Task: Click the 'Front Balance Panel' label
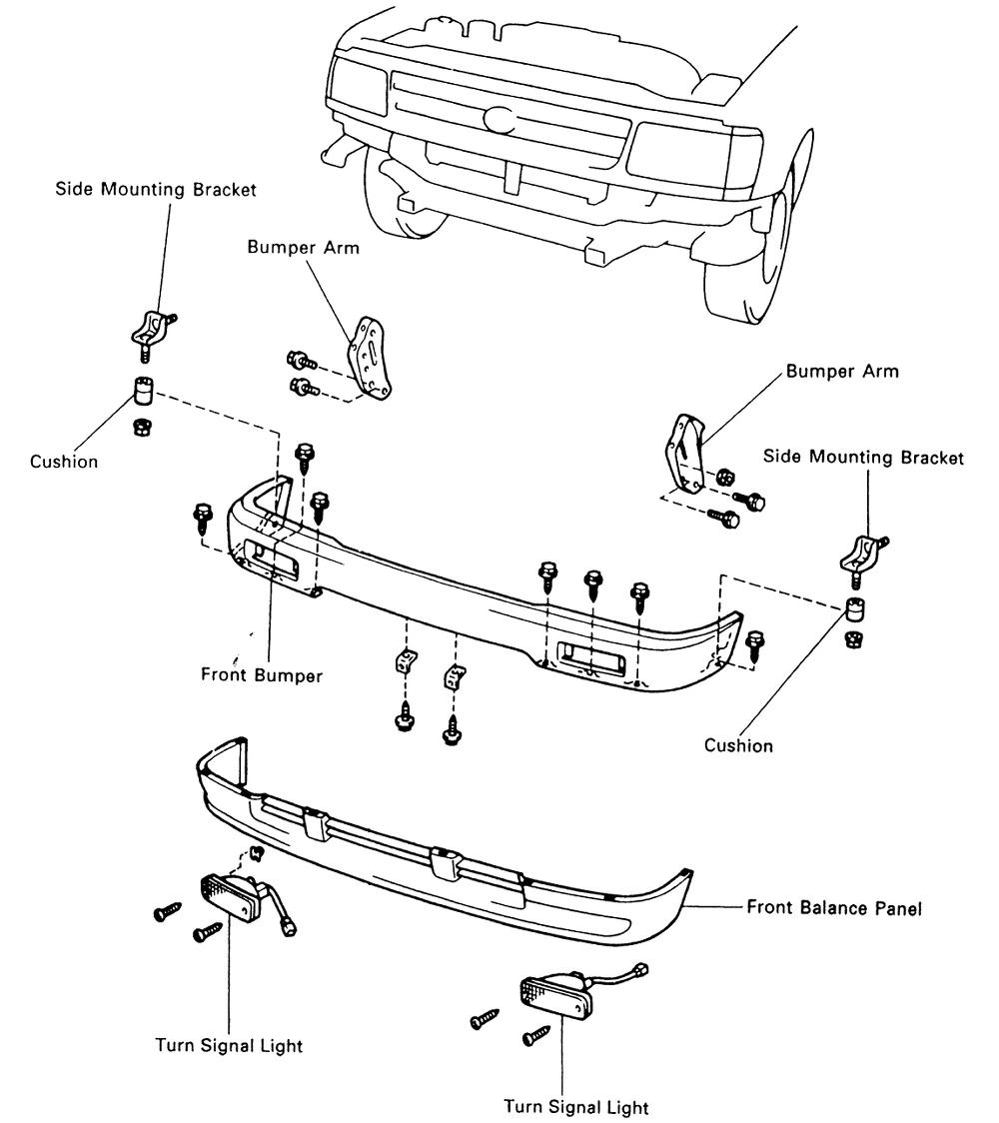tap(834, 909)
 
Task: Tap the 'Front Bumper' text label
tap(262, 675)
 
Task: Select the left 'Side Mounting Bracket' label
tap(155, 189)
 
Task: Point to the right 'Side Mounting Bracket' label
tap(864, 458)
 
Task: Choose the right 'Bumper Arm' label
tap(842, 372)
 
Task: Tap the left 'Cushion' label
tap(64, 462)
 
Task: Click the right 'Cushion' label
tap(738, 745)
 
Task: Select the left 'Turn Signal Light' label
tap(229, 1046)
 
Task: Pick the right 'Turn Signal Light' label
tap(575, 1106)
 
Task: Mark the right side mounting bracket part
tap(861, 553)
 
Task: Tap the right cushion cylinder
tap(855, 608)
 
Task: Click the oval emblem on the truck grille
tap(498, 119)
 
